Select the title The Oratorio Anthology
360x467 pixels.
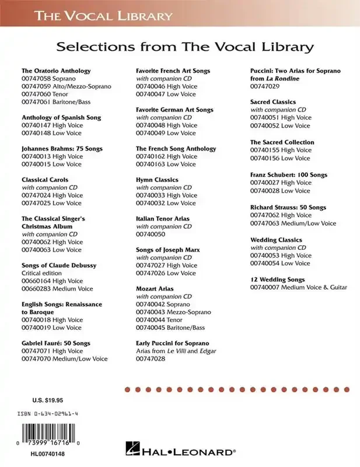click(56, 71)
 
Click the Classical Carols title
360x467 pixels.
click(45, 180)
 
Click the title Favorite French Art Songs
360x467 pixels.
click(173, 71)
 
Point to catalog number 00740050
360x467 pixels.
click(151, 234)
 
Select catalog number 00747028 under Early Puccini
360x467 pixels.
click(151, 359)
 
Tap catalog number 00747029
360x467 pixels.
click(265, 86)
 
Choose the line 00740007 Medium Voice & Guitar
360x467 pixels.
click(299, 287)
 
